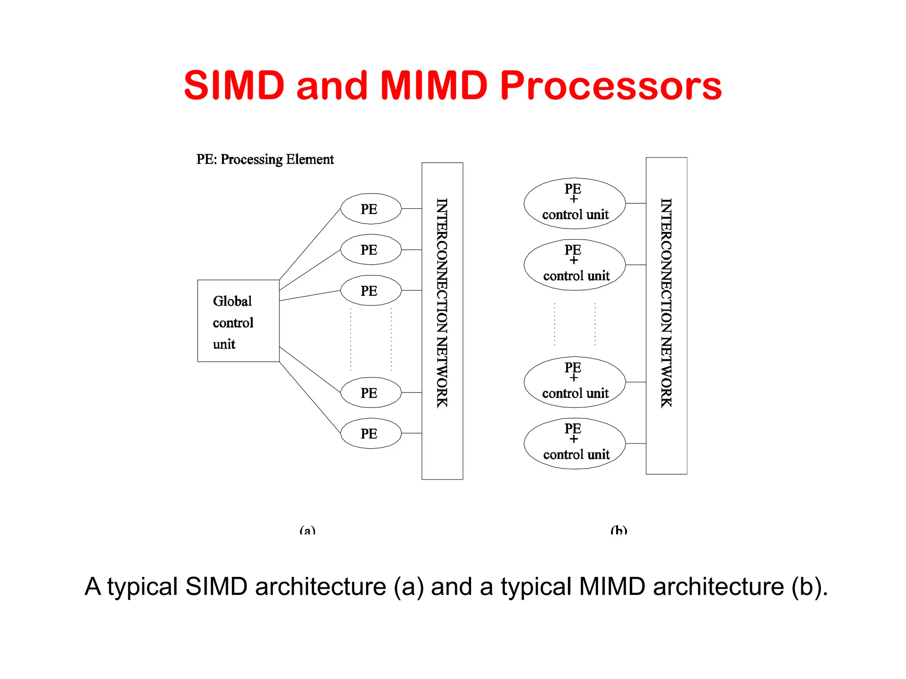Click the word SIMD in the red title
point(234,85)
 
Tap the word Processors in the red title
point(611,86)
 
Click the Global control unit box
point(238,321)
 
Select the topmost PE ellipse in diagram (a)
point(371,209)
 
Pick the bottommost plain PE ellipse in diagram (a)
point(371,433)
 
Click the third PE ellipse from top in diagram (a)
point(371,290)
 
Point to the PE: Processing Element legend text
point(265,159)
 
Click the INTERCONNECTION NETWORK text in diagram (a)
point(442,302)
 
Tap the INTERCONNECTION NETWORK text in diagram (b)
point(666,302)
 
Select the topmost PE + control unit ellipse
point(574,203)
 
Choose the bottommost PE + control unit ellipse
point(574,443)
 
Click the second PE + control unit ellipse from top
point(574,265)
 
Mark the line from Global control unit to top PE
point(310,244)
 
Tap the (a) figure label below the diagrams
point(307,530)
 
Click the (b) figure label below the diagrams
point(618,530)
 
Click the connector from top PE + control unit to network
point(636,203)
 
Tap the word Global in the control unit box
point(232,301)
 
